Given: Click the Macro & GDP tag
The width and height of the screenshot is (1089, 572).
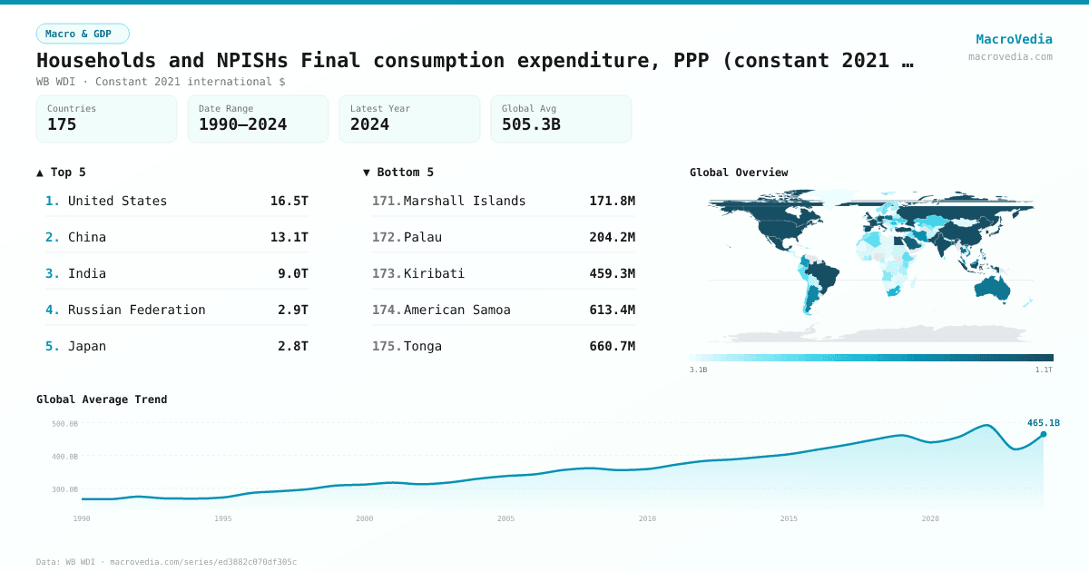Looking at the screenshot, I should click(83, 34).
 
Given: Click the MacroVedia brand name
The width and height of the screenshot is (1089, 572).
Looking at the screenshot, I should click(1014, 39).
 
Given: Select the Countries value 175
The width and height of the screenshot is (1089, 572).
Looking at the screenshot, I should click(62, 125).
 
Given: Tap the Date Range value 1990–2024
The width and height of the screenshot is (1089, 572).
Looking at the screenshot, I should click(242, 125).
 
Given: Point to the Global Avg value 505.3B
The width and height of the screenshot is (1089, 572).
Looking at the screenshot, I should click(531, 125).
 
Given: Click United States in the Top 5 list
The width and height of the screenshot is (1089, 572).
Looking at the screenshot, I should click(117, 201).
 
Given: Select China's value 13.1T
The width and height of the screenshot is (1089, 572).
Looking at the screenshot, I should click(289, 237).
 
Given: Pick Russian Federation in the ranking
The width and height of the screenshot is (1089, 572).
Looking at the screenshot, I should click(136, 310).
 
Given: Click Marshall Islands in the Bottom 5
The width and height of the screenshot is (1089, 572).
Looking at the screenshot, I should click(465, 201).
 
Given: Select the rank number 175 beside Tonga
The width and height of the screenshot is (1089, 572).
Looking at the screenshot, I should click(386, 346).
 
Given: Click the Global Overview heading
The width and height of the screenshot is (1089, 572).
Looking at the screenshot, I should click(739, 173).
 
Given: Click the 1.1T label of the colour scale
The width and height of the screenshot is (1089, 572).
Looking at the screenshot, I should click(1044, 370).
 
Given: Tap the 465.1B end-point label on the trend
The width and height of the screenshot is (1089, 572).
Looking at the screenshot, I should click(1044, 423).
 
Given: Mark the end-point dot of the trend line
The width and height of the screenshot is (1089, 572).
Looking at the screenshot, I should click(1044, 434).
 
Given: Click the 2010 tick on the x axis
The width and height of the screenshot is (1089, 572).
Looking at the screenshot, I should click(647, 518).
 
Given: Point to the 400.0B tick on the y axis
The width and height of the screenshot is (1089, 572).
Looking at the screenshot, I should click(65, 457).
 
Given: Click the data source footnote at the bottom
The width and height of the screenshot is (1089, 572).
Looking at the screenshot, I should click(166, 562).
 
